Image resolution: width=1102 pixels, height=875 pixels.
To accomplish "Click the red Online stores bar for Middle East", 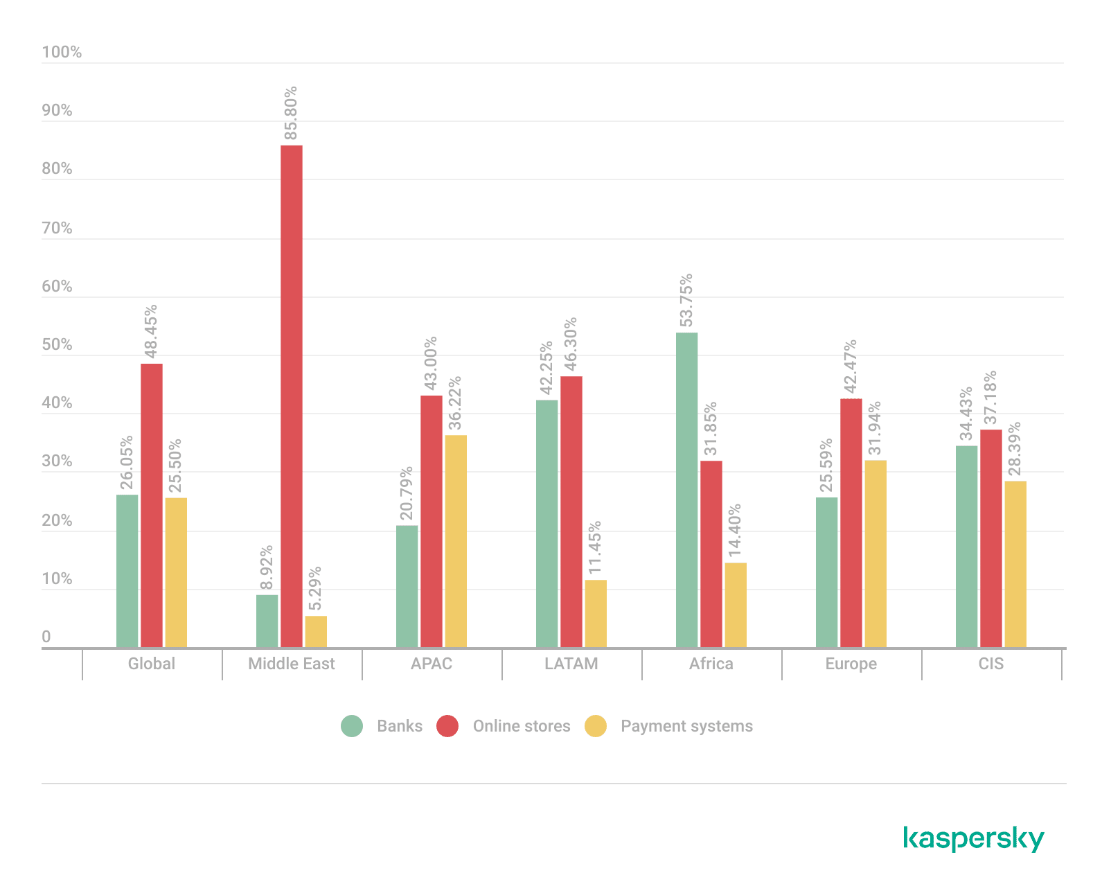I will pos(292,396).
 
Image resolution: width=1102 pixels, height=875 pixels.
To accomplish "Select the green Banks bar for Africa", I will pos(687,490).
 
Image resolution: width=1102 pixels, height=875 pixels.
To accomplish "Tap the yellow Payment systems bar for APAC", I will pos(455,541).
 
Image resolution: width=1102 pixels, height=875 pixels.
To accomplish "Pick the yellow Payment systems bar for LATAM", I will pos(595,613).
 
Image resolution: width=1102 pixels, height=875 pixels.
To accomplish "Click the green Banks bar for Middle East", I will pos(267,621).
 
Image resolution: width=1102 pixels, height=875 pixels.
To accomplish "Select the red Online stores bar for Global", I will pos(152,505).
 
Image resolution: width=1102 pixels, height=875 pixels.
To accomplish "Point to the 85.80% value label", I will pos(291,113).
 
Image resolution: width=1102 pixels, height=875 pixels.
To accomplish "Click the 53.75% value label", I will pos(686,301).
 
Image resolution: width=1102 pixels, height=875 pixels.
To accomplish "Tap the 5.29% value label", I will pos(315,589).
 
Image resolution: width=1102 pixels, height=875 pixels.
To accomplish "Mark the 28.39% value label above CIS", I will pos(1015,450).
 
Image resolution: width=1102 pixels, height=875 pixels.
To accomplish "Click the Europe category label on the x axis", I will pos(851,664).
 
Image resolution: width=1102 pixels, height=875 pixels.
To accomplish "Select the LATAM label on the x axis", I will pos(571,664).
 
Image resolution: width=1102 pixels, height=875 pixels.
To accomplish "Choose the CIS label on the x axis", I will pos(990,664).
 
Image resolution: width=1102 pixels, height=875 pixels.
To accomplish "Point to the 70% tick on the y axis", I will pos(57,228).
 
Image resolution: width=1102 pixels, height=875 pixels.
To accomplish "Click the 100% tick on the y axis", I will pos(62,52).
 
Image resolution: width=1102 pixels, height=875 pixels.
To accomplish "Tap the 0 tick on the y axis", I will pos(46,637).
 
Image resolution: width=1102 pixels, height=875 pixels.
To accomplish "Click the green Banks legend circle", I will pos(352,726).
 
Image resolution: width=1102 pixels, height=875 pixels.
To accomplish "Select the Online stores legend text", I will pos(521,726).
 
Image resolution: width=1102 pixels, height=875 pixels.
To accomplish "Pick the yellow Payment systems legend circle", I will pos(596,726).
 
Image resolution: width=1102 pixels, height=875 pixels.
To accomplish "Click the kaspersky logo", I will pos(973,838).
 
